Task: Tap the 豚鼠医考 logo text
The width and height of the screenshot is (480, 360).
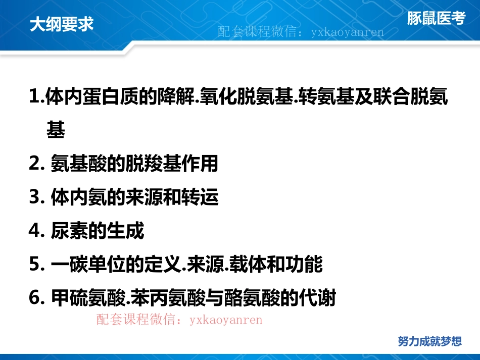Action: pyautogui.click(x=436, y=19)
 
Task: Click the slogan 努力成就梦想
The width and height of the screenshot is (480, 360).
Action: pyautogui.click(x=429, y=341)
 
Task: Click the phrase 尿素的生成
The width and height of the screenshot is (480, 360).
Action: pyautogui.click(x=98, y=231)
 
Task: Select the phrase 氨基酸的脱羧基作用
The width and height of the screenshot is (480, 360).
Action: pyautogui.click(x=134, y=164)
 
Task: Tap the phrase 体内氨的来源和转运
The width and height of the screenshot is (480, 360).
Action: pyautogui.click(x=134, y=197)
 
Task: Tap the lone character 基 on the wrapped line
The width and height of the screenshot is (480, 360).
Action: pyautogui.click(x=56, y=130)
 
